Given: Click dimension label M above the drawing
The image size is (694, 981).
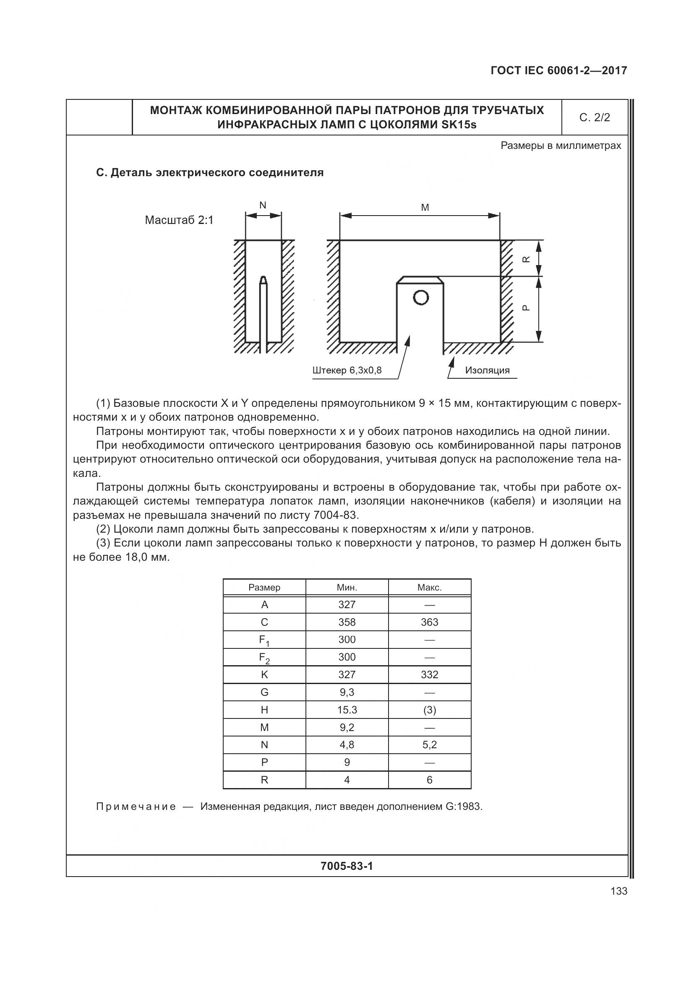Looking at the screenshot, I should tap(425, 208).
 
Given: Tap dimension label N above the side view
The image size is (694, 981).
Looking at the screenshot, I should tap(263, 206).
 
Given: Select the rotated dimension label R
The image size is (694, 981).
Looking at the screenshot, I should tap(527, 259).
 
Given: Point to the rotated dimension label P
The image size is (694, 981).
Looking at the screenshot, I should tap(527, 307).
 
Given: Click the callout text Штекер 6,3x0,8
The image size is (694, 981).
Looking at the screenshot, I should tap(347, 370).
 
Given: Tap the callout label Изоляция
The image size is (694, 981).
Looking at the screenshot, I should tap(487, 370).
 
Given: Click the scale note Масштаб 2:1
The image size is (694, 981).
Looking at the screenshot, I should tap(179, 221).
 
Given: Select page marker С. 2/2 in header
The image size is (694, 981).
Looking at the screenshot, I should tap(595, 117).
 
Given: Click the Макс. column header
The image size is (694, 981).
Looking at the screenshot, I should tap(430, 588).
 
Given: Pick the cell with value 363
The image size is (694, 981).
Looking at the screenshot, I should tap(430, 622).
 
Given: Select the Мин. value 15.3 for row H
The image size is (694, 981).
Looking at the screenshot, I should tap(347, 710).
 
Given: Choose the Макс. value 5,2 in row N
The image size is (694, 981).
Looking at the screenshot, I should tap(430, 745).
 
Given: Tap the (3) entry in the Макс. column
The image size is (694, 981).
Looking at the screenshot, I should tap(430, 710).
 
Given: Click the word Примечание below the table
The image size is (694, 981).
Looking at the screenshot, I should tap(136, 807).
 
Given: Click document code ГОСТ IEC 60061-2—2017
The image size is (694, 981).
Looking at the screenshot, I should tap(558, 70).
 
